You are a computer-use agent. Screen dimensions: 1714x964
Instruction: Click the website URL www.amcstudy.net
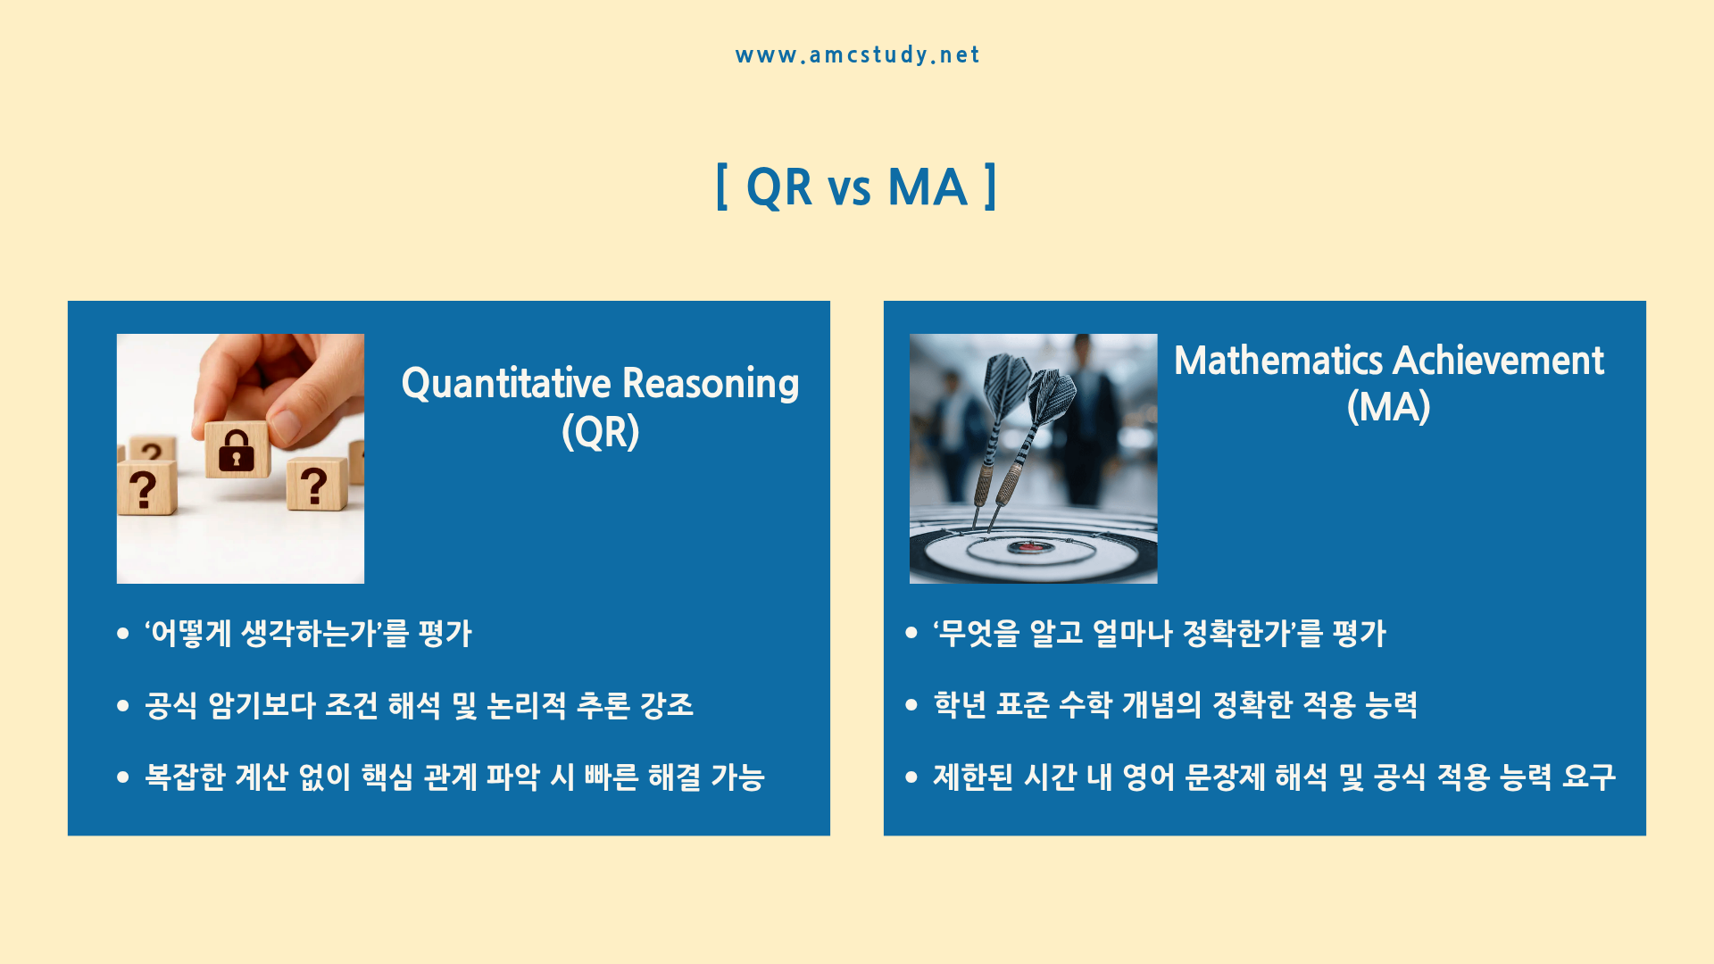857,55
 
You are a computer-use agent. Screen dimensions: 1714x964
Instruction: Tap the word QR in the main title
778,187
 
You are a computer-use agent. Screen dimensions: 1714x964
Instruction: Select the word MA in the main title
928,187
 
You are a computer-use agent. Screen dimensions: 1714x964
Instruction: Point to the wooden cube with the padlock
237,449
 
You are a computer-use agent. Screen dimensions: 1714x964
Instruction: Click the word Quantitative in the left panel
506,384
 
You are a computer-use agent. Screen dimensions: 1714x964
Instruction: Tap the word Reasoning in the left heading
711,384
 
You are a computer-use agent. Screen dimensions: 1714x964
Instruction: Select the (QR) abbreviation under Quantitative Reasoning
601,432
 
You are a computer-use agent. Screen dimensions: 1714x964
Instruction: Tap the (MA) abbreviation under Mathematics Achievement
1389,407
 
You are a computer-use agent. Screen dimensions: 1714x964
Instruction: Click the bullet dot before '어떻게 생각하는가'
123,634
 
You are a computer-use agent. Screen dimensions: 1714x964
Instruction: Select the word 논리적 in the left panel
527,705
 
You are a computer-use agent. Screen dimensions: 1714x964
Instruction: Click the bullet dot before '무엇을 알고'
911,633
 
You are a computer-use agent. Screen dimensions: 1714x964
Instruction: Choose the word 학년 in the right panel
960,704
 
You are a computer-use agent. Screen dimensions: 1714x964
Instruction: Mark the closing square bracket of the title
990,187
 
